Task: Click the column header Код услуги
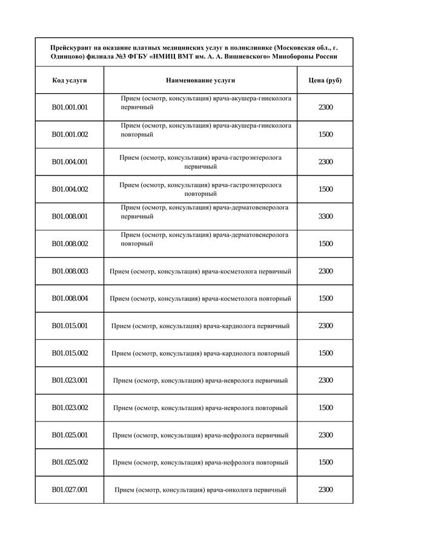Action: [70, 80]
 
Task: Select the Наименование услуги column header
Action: [200, 80]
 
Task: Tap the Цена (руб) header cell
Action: [325, 80]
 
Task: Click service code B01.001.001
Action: [70, 107]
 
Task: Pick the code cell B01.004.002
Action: [70, 189]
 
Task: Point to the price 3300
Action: [325, 217]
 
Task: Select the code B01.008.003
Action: [70, 271]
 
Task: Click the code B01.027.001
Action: [70, 489]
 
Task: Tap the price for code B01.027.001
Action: [325, 489]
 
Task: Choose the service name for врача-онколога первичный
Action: [200, 490]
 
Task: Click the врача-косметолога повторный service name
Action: [200, 299]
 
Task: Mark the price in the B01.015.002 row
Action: [325, 353]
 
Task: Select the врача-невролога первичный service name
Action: [200, 380]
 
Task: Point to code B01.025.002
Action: [70, 462]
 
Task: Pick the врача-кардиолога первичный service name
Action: [200, 326]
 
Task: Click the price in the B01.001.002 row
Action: [325, 134]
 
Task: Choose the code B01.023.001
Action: [70, 380]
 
